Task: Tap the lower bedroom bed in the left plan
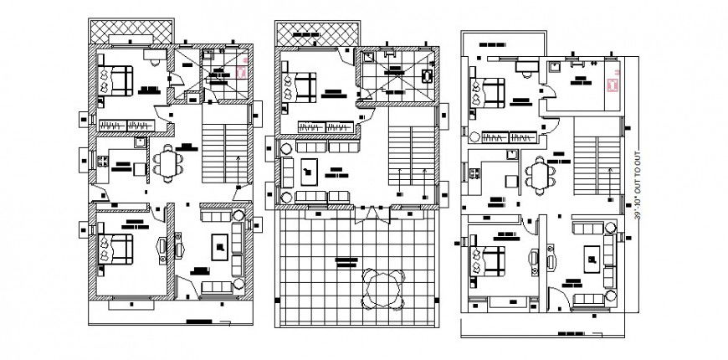(x=115, y=249)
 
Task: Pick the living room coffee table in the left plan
(x=219, y=246)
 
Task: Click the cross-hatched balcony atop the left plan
(x=131, y=28)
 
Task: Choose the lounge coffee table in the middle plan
(x=310, y=172)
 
